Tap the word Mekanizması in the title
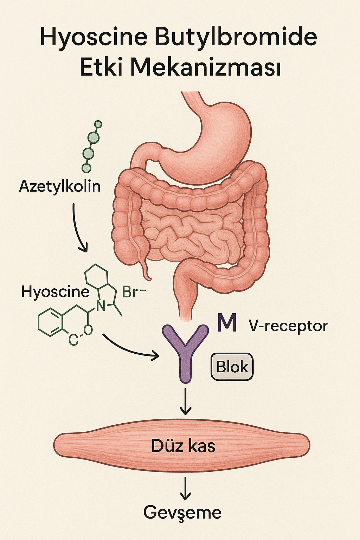pos(206,68)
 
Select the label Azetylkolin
pos(60,186)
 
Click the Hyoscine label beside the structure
pos(55,291)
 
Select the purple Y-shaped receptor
pos(185,352)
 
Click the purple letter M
pos(227,323)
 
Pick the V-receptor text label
pos(288,326)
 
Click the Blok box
pos(232,367)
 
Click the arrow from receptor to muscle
pos(185,401)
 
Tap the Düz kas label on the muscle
pos(183,446)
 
